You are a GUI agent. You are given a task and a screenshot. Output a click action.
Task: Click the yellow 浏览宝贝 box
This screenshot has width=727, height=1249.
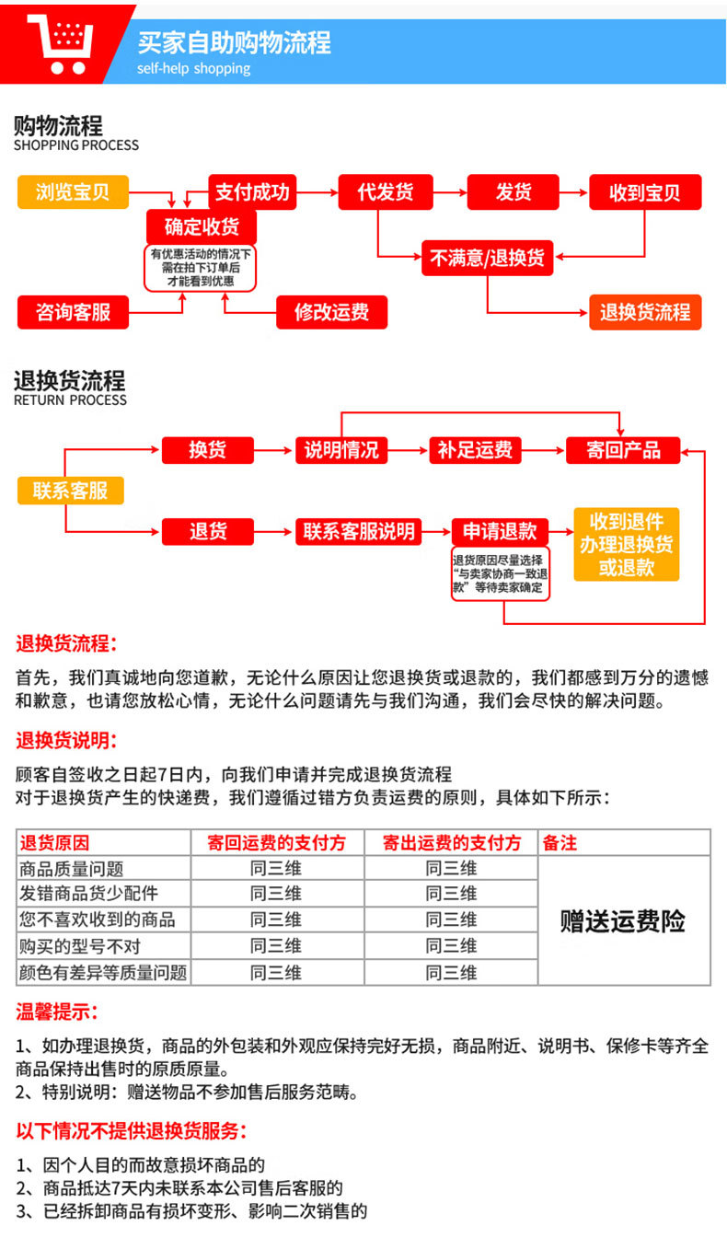(73, 192)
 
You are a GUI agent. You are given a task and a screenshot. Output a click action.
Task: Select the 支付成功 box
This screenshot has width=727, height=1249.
(252, 191)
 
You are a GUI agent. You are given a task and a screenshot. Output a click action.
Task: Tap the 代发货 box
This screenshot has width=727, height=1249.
(386, 192)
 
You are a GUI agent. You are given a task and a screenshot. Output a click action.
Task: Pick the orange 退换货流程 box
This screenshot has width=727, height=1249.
(644, 312)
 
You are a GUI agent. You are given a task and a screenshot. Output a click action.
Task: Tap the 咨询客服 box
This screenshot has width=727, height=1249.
(73, 312)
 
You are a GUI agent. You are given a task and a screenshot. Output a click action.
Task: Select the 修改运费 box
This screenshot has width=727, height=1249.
(331, 312)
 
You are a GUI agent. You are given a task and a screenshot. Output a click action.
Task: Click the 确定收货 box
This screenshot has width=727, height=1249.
(201, 226)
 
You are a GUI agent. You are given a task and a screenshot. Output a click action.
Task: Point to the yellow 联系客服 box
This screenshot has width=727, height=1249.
(71, 491)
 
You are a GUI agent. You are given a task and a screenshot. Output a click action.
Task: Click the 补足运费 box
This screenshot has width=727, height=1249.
(475, 450)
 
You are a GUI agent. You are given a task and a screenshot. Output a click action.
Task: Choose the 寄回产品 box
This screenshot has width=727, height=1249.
(623, 450)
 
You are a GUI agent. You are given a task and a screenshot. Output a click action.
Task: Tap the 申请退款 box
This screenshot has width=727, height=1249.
(499, 531)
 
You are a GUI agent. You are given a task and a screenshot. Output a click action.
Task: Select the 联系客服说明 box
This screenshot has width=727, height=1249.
(359, 531)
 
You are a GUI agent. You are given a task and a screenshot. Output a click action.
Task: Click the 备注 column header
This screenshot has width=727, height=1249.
(560, 842)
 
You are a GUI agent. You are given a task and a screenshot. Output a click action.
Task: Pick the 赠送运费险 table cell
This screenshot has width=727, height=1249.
(623, 920)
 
